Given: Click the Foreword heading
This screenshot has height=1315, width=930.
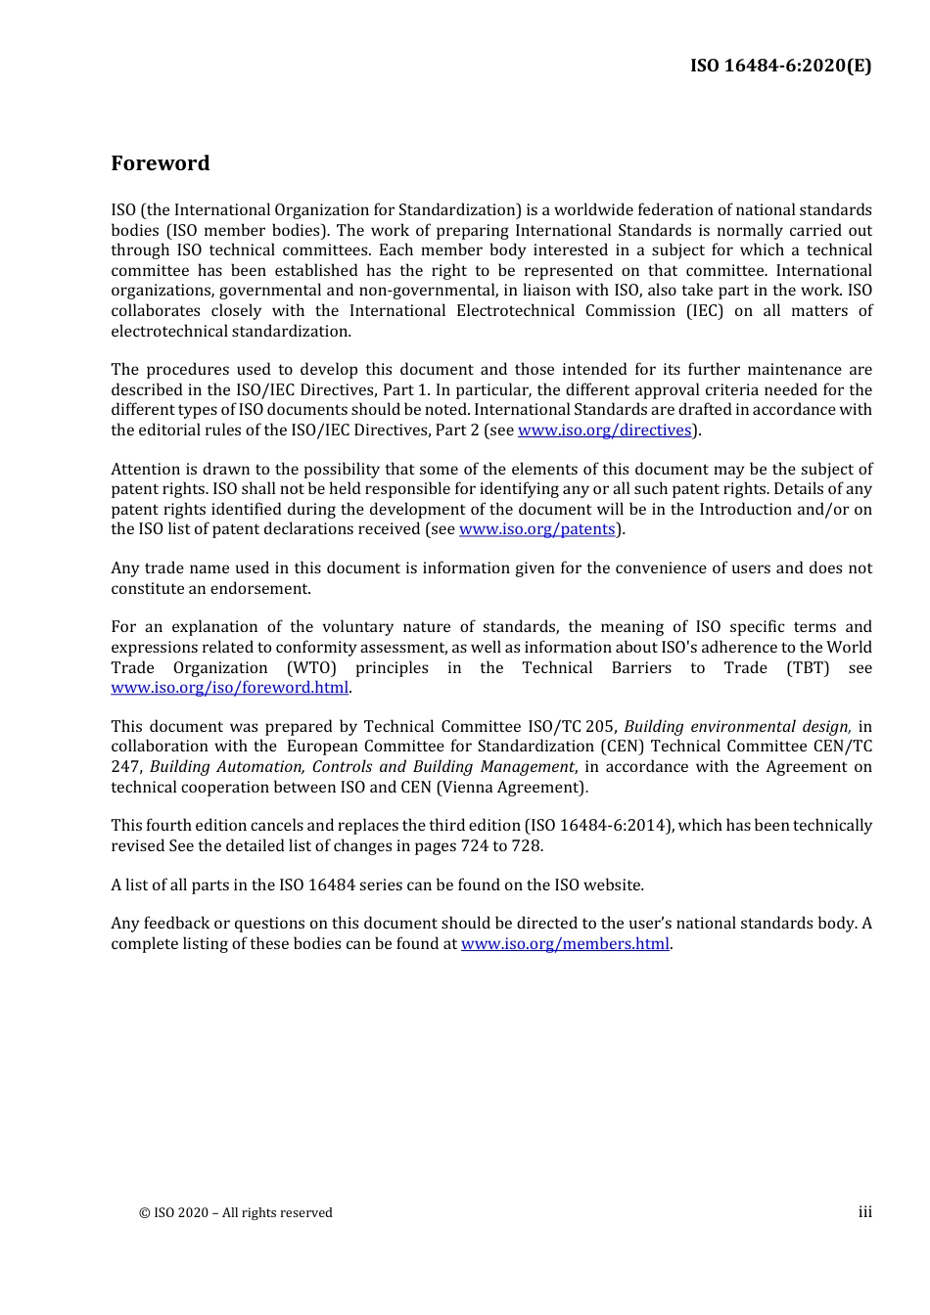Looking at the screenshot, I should tap(160, 163).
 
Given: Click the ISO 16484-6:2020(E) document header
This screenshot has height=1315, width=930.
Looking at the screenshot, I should tap(780, 66).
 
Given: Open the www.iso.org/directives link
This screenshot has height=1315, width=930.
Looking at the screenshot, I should tap(604, 431).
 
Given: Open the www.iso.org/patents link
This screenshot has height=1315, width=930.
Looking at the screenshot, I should tap(536, 529).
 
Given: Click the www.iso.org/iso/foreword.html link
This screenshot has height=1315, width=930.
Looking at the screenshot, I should tap(229, 688).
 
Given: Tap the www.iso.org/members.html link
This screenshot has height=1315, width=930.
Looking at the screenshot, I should tap(565, 944).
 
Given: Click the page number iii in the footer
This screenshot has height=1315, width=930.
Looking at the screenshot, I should tap(864, 1212).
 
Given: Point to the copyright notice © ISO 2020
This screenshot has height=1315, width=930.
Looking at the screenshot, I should tap(235, 1213).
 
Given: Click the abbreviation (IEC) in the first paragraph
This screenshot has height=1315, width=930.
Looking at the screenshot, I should tap(692, 311).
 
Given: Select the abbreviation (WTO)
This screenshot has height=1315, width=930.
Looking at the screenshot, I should tap(311, 668).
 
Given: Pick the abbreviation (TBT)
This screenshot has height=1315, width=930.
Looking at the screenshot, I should tap(808, 668).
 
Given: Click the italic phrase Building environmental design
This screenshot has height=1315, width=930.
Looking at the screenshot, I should tap(737, 727).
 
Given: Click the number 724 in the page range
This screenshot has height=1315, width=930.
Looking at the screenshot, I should tap(474, 846).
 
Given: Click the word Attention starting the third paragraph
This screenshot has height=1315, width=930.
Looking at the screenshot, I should tap(146, 470).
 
